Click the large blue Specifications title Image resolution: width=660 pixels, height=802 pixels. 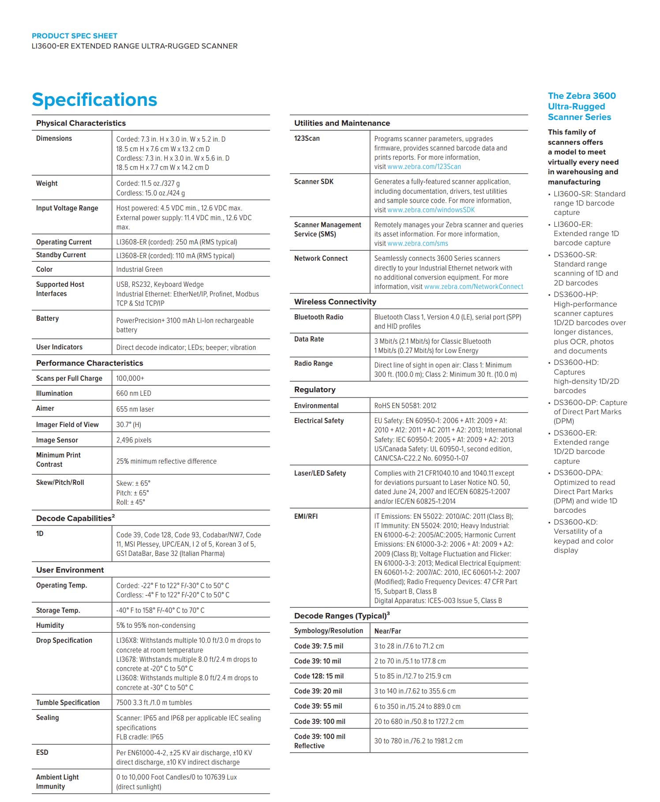[x=94, y=100]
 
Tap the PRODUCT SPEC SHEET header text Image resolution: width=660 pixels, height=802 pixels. [x=75, y=36]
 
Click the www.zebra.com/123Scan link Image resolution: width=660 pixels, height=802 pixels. [x=424, y=167]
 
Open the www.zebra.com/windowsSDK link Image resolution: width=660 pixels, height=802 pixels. [x=431, y=210]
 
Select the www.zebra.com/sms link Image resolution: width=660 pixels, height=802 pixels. [x=417, y=244]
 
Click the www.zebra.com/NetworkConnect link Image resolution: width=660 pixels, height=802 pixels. [x=473, y=287]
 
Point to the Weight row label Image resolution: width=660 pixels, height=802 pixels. [x=47, y=184]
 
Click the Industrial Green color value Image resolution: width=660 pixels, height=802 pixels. [x=139, y=270]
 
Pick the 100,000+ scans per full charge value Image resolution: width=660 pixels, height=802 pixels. [x=130, y=379]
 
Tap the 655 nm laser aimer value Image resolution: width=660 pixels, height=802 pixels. [x=135, y=409]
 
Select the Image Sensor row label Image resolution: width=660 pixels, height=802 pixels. [x=57, y=440]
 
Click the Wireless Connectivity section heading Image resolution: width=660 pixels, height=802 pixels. [x=335, y=302]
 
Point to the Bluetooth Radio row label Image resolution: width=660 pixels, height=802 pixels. [x=319, y=317]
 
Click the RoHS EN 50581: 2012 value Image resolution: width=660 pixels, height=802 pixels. [x=405, y=406]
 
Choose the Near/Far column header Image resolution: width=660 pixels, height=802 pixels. [x=387, y=631]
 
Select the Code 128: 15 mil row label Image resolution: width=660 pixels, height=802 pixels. [x=319, y=676]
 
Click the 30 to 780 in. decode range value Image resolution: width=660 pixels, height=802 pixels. [x=418, y=741]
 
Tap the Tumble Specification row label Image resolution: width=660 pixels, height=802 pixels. [x=68, y=703]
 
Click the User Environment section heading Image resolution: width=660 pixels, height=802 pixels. [x=70, y=570]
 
